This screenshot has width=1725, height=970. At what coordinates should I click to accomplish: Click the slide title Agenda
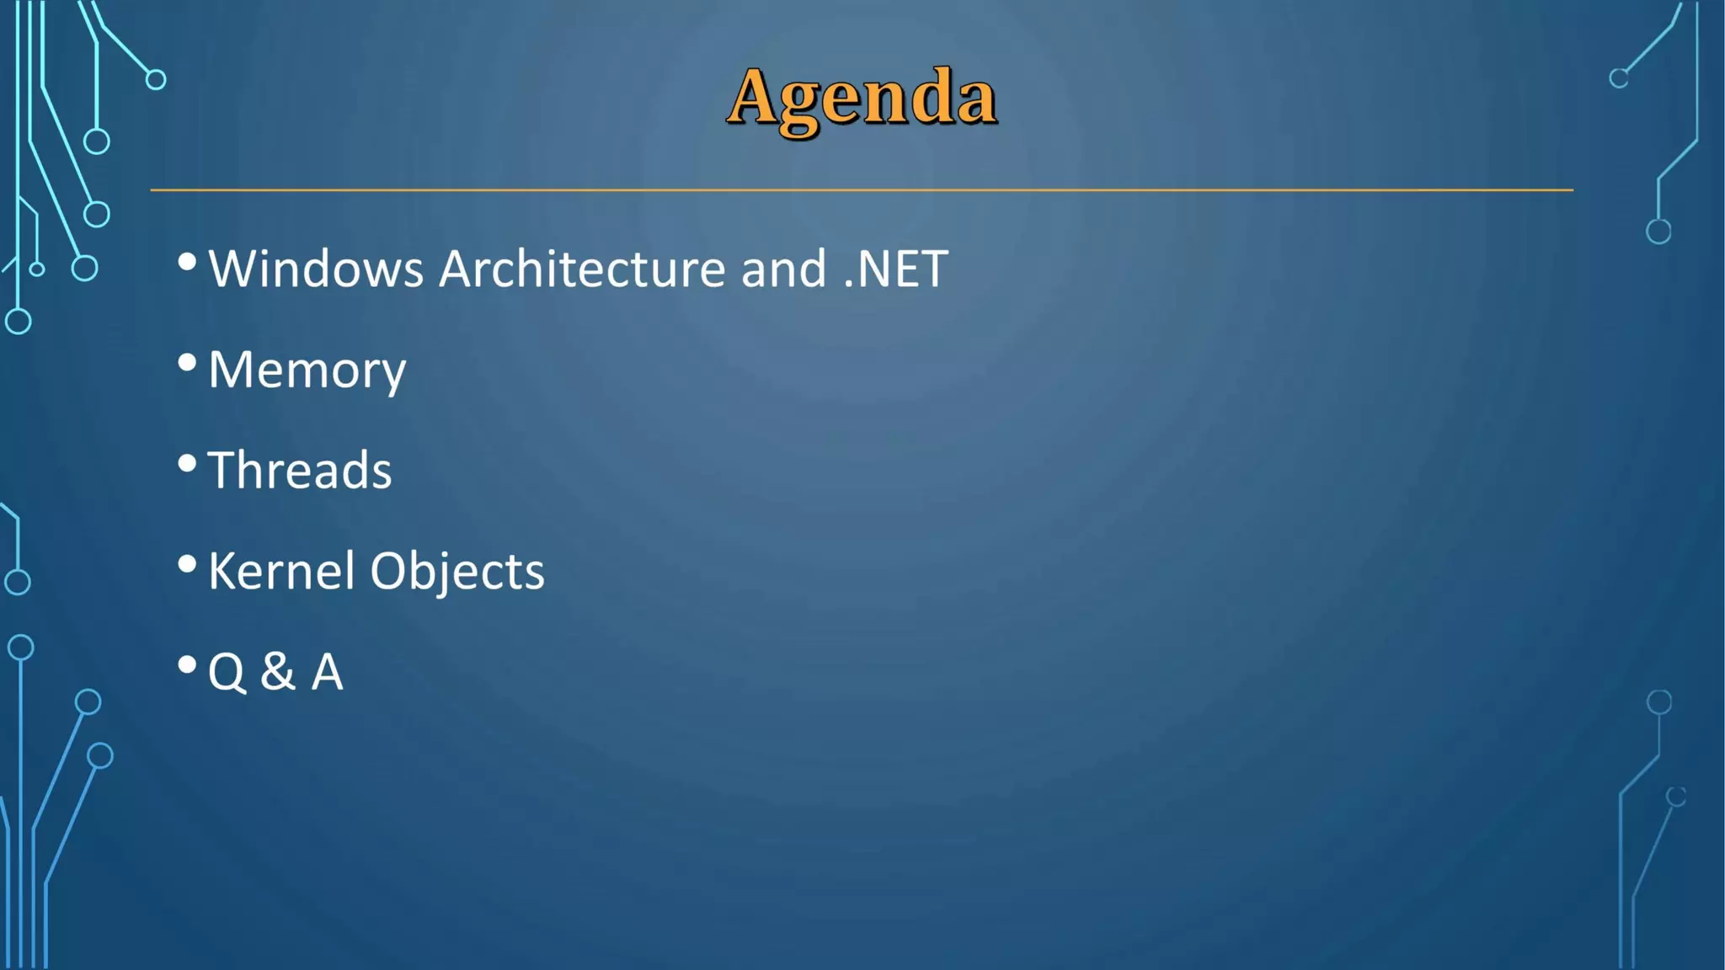pos(862,99)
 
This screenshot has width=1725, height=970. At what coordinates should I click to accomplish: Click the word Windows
pos(316,269)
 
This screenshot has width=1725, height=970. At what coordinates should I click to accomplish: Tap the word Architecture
pos(582,269)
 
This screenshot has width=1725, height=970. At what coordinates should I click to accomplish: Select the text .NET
pos(895,269)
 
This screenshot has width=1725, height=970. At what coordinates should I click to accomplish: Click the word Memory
pos(307,370)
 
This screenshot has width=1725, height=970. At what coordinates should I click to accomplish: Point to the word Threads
pos(300,471)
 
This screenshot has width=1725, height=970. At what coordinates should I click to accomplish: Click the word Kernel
pos(281,572)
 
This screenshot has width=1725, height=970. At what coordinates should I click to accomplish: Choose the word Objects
pos(457,573)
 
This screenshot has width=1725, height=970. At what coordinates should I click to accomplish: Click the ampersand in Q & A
pos(278,672)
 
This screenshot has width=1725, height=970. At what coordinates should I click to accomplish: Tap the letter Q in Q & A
pos(227,673)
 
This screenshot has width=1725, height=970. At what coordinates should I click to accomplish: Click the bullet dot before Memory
pos(187,363)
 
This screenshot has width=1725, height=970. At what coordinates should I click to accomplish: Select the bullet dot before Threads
pos(187,463)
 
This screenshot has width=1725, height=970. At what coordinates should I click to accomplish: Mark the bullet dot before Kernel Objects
pos(187,564)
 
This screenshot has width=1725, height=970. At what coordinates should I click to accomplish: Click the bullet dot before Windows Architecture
pos(187,262)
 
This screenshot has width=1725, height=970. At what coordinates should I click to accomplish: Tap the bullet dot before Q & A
pos(187,665)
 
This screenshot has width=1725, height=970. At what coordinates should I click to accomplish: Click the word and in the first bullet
pos(783,269)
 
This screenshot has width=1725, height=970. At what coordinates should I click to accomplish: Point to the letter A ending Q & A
pos(328,673)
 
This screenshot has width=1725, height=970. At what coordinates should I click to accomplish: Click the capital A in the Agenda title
pos(753,96)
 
